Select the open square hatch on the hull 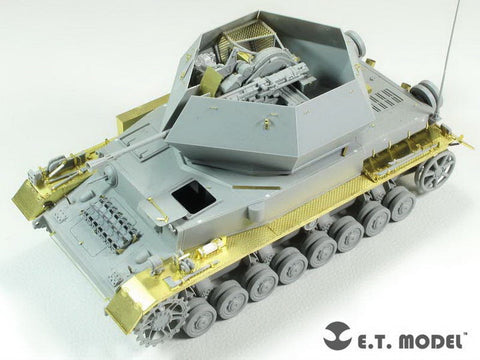click(190, 198)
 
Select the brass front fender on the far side click(30, 195)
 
